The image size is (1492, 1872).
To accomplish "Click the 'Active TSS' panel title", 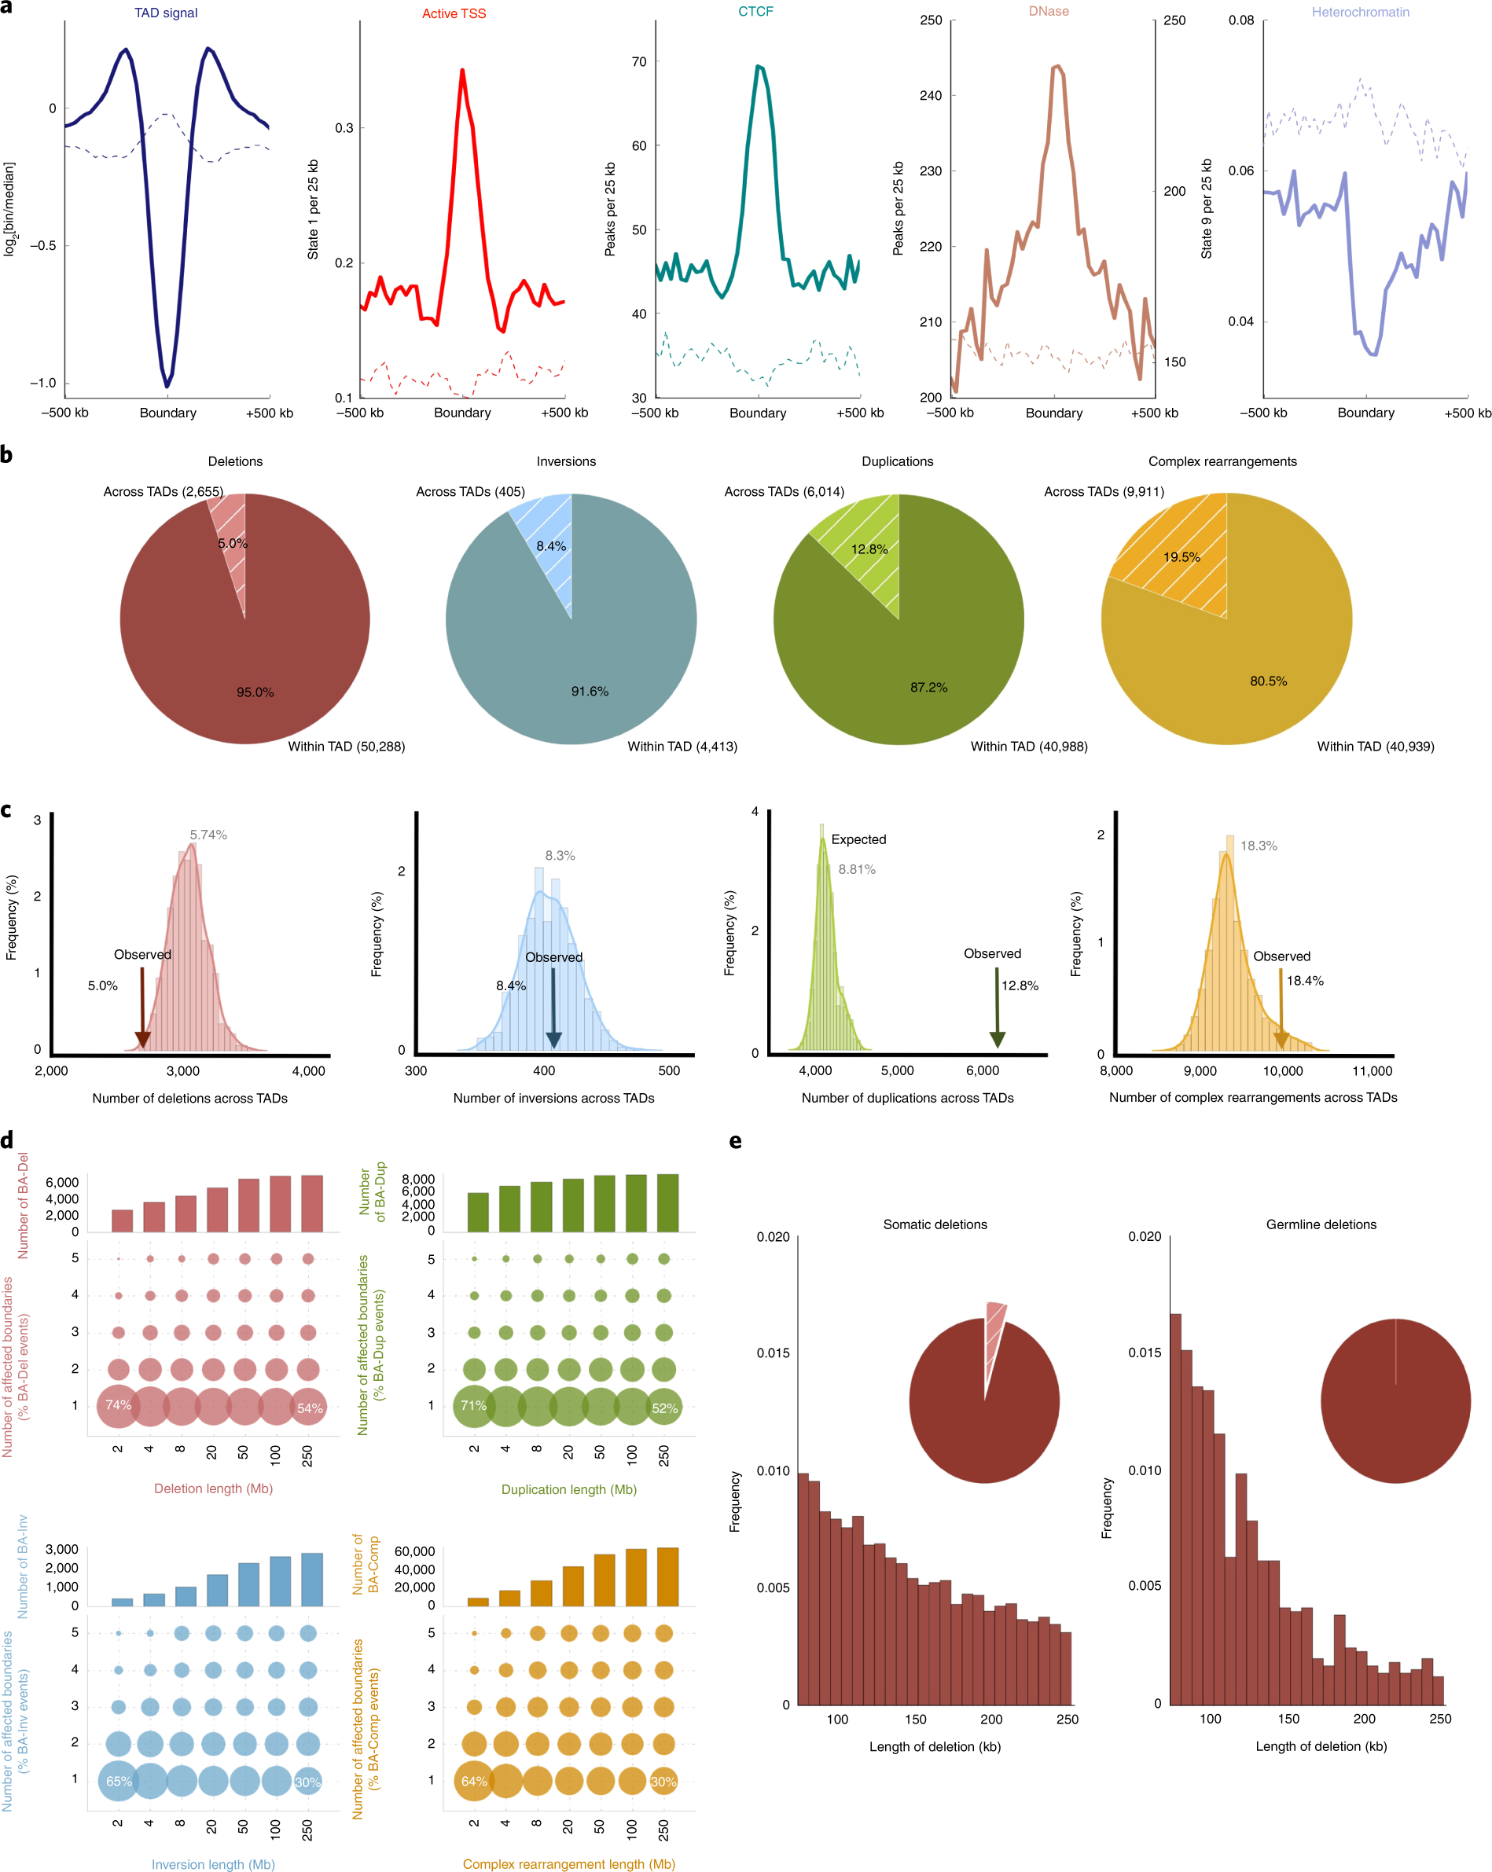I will point(454,14).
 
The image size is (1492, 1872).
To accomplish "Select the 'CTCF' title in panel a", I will point(755,11).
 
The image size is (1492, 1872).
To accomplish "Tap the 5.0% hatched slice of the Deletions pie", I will point(232,547).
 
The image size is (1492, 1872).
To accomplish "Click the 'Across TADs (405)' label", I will point(470,491).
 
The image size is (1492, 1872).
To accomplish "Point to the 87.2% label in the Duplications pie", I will point(928,687).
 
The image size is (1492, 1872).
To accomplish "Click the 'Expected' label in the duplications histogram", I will point(858,839).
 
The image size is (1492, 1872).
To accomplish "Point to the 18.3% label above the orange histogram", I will point(1258,846).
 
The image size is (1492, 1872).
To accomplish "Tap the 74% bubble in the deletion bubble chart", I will point(118,1405).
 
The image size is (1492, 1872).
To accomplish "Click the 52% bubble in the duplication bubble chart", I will point(664,1408).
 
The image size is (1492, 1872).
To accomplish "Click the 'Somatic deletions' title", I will point(935,1224).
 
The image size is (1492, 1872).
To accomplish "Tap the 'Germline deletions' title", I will point(1320,1224).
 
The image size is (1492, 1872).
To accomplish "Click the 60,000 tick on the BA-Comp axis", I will point(414,1551).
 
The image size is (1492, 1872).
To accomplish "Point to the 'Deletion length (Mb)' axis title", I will point(214,1488).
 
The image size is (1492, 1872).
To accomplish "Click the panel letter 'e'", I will point(736,1141).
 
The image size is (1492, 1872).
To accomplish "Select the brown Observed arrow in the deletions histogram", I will point(142,1011).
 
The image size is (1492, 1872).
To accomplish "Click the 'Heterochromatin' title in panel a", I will point(1360,12).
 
